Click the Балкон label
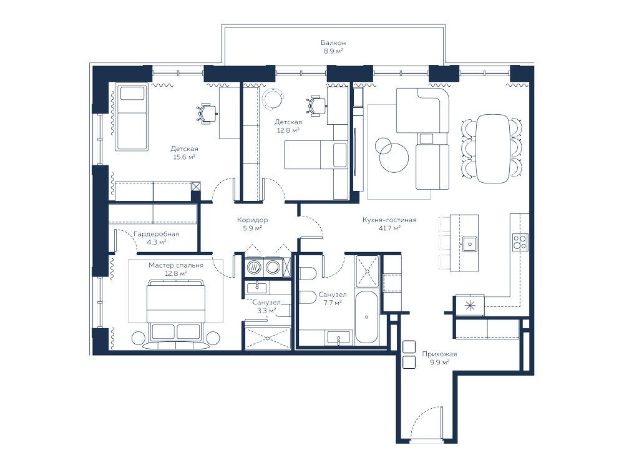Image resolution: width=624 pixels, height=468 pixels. (x=333, y=42)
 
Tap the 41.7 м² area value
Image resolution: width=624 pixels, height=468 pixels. (x=389, y=228)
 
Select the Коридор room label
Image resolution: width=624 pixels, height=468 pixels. (x=252, y=220)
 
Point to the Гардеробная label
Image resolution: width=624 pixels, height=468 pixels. (x=157, y=234)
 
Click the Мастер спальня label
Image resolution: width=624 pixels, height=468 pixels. (x=176, y=265)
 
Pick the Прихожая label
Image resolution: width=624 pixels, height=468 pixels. (x=439, y=354)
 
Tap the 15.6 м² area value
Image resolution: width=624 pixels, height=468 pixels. (x=184, y=157)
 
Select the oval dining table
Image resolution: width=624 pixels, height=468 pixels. (x=494, y=149)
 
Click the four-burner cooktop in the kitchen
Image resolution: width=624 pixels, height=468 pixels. (x=520, y=241)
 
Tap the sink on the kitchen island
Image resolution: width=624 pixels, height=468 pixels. (x=470, y=243)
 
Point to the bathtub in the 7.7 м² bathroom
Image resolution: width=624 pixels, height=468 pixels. (x=366, y=317)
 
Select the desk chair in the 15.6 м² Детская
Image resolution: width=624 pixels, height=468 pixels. (x=207, y=114)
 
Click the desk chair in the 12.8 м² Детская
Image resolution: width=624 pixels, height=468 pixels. (x=316, y=106)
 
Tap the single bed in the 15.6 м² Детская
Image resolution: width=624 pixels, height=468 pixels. (x=131, y=117)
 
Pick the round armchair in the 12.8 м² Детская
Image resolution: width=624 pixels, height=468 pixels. (x=273, y=99)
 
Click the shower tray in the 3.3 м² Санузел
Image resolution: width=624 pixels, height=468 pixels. (x=268, y=338)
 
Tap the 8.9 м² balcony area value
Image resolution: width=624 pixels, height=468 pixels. (x=333, y=51)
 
